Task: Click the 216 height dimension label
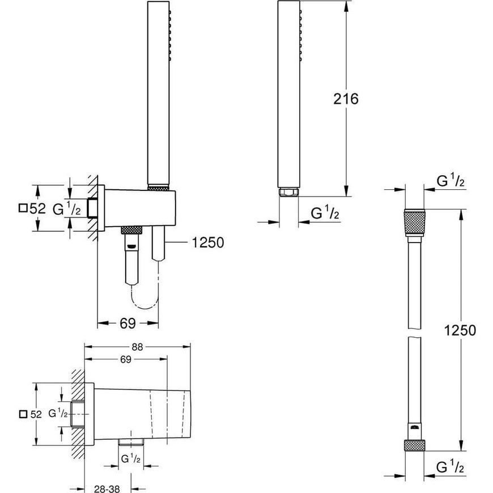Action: click(346, 99)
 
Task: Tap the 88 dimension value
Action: click(137, 347)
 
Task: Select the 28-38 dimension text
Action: click(107, 488)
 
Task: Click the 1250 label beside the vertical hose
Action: click(460, 330)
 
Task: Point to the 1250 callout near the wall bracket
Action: click(208, 243)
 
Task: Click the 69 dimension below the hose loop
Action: click(127, 323)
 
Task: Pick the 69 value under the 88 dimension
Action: click(125, 359)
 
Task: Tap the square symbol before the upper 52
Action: click(23, 208)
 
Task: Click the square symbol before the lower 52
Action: click(23, 414)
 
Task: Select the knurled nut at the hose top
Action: click(414, 223)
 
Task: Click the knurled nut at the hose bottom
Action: click(414, 445)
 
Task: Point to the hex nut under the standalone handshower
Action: click(288, 192)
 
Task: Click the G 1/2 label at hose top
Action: click(450, 181)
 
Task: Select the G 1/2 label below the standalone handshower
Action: click(325, 212)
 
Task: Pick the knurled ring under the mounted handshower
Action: click(159, 188)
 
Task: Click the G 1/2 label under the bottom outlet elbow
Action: click(130, 459)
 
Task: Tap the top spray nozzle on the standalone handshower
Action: click(300, 12)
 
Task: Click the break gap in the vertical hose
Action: click(414, 333)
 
